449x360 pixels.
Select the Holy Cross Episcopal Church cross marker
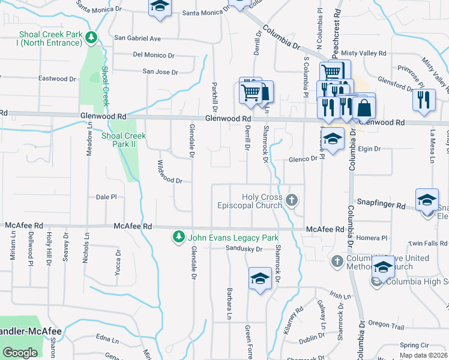tap(292, 200)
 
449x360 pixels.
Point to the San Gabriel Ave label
tap(138, 38)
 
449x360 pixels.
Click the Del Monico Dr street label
tap(154, 55)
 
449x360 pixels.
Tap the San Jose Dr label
tap(160, 72)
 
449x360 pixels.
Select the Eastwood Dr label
tap(57, 79)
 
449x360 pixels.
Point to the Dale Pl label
tap(106, 196)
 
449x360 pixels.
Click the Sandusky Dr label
tap(244, 248)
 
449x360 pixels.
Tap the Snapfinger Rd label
tap(381, 205)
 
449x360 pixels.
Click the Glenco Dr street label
tap(302, 159)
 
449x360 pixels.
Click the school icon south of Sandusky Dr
tap(260, 279)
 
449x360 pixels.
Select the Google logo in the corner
tap(20, 353)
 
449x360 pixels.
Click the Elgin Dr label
tap(369, 149)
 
